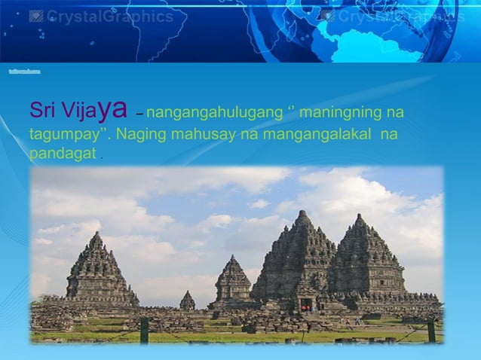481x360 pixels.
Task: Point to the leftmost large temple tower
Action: tap(96, 271)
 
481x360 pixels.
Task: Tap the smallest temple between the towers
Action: tap(187, 301)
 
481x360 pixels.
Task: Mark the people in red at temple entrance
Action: tap(305, 307)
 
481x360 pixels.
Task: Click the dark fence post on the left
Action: tap(144, 329)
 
